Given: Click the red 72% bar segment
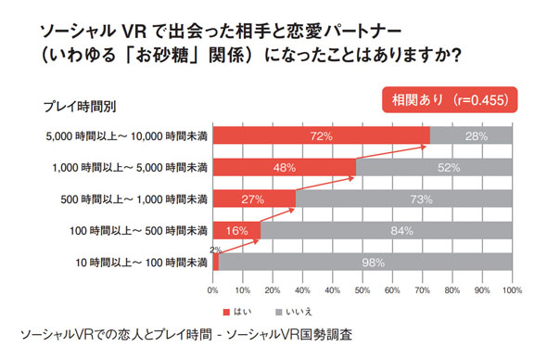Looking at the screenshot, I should click(x=321, y=135).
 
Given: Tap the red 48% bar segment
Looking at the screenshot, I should click(x=285, y=167).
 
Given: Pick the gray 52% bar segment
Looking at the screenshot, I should click(x=434, y=167).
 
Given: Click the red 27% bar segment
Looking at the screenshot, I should click(x=253, y=199).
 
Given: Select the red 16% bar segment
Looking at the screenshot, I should click(x=236, y=230).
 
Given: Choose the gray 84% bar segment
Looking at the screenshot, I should click(x=387, y=230).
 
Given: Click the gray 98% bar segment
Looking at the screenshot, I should click(x=365, y=262).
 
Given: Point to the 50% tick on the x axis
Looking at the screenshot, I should click(x=363, y=290).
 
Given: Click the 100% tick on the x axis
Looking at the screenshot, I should click(x=511, y=290).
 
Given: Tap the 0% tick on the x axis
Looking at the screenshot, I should click(x=214, y=290).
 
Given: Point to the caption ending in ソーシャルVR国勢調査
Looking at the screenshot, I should click(x=185, y=333).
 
